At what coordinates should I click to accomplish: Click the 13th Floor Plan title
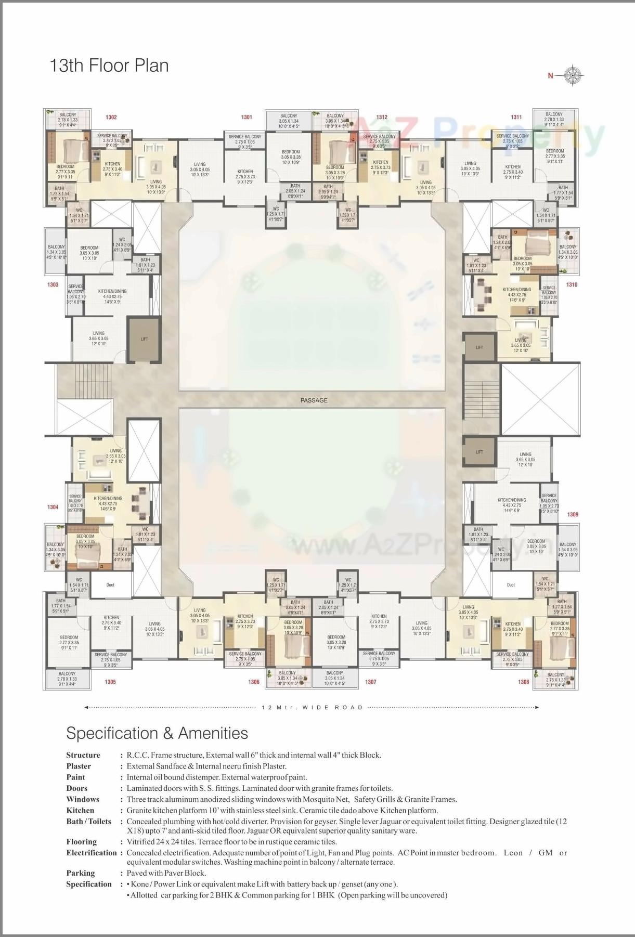click(x=109, y=66)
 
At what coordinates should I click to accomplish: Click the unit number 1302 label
click(x=111, y=118)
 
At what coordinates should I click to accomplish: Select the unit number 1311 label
click(x=516, y=117)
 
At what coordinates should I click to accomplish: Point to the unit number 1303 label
click(x=53, y=285)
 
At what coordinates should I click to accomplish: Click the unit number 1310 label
click(x=572, y=285)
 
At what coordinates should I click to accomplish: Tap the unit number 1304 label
click(x=53, y=507)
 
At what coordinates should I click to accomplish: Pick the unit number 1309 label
click(x=572, y=514)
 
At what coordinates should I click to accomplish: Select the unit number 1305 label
click(x=110, y=682)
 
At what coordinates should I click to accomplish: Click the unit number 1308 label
click(x=523, y=682)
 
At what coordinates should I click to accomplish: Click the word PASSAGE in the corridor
click(x=314, y=400)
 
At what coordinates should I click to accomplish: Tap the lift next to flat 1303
click(x=145, y=339)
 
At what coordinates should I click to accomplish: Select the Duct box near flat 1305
click(x=110, y=585)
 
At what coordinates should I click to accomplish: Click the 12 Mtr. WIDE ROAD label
click(x=312, y=708)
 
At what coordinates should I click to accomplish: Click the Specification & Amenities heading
click(x=157, y=733)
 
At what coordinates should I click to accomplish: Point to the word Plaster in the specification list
click(x=79, y=766)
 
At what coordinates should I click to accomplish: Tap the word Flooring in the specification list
click(x=82, y=842)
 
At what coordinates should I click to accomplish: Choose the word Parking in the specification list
click(x=81, y=873)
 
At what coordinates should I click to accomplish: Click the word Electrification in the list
click(x=92, y=853)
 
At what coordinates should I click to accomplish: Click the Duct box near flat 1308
click(x=511, y=585)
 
